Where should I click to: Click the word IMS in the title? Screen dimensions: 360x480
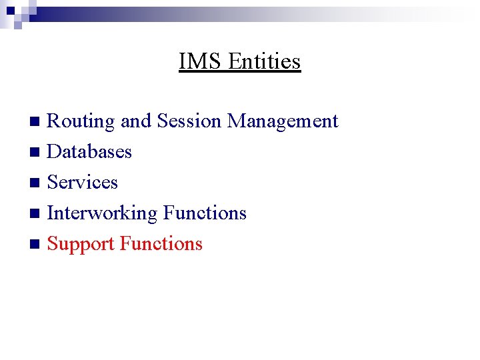point(201,61)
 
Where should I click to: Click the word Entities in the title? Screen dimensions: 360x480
point(265,61)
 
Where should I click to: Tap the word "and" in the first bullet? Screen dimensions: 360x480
point(136,121)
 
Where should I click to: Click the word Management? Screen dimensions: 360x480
point(283,121)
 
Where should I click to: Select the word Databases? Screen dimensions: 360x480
point(89,152)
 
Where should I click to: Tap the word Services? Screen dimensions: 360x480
point(83,183)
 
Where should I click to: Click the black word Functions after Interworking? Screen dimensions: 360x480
point(205,213)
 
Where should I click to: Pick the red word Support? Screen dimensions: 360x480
point(81,244)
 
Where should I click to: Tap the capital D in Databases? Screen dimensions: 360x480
point(54,152)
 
